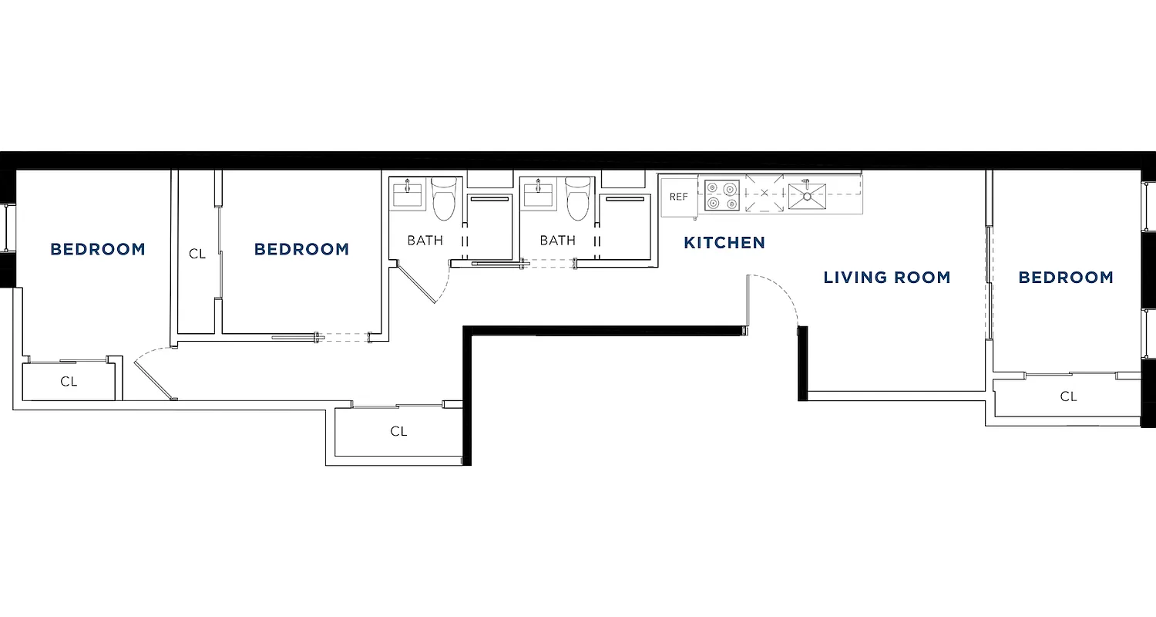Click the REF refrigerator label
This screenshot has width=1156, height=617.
point(678,197)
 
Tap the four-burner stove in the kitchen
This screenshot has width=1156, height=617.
point(721,196)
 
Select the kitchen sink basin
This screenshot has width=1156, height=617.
point(807,196)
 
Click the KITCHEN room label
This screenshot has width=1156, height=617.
point(724,243)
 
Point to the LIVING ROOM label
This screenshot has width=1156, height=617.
point(886,278)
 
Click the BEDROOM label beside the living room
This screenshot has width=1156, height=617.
point(1066,278)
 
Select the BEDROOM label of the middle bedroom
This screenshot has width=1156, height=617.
point(301,250)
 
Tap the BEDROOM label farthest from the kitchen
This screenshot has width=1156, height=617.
point(97,250)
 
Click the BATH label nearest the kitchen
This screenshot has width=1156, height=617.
point(557,241)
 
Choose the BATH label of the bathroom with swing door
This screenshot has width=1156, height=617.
point(425,241)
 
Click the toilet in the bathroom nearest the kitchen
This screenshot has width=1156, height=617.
point(578,198)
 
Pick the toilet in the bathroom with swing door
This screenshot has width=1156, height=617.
point(444,198)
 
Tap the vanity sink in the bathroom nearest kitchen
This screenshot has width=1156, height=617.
point(538,194)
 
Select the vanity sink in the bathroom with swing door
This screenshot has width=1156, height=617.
point(407,194)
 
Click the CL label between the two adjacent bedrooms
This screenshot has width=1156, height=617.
point(197,254)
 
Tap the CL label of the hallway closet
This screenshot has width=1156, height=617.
point(398,432)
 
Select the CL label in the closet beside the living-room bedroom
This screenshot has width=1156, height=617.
point(1067,397)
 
